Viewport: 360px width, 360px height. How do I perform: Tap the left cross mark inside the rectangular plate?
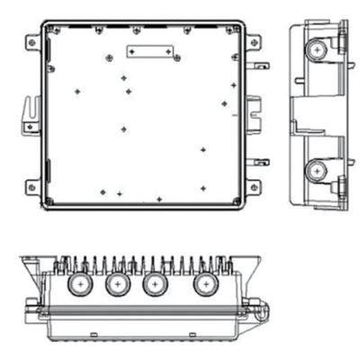point(131,53)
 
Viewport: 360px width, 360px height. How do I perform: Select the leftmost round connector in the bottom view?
point(80,285)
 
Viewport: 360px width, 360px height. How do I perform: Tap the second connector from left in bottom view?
point(116,285)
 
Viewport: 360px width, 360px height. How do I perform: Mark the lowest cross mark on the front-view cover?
point(159,198)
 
